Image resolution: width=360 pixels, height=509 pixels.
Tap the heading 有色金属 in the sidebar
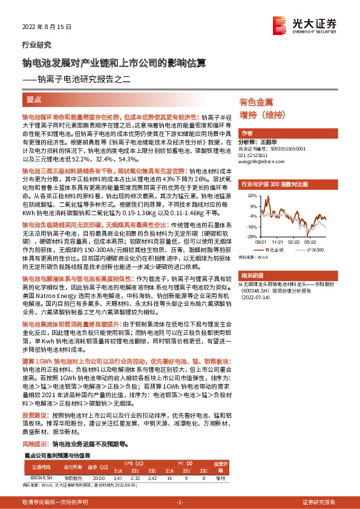coord(257,102)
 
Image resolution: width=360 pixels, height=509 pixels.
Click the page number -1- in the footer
coord(179,502)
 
